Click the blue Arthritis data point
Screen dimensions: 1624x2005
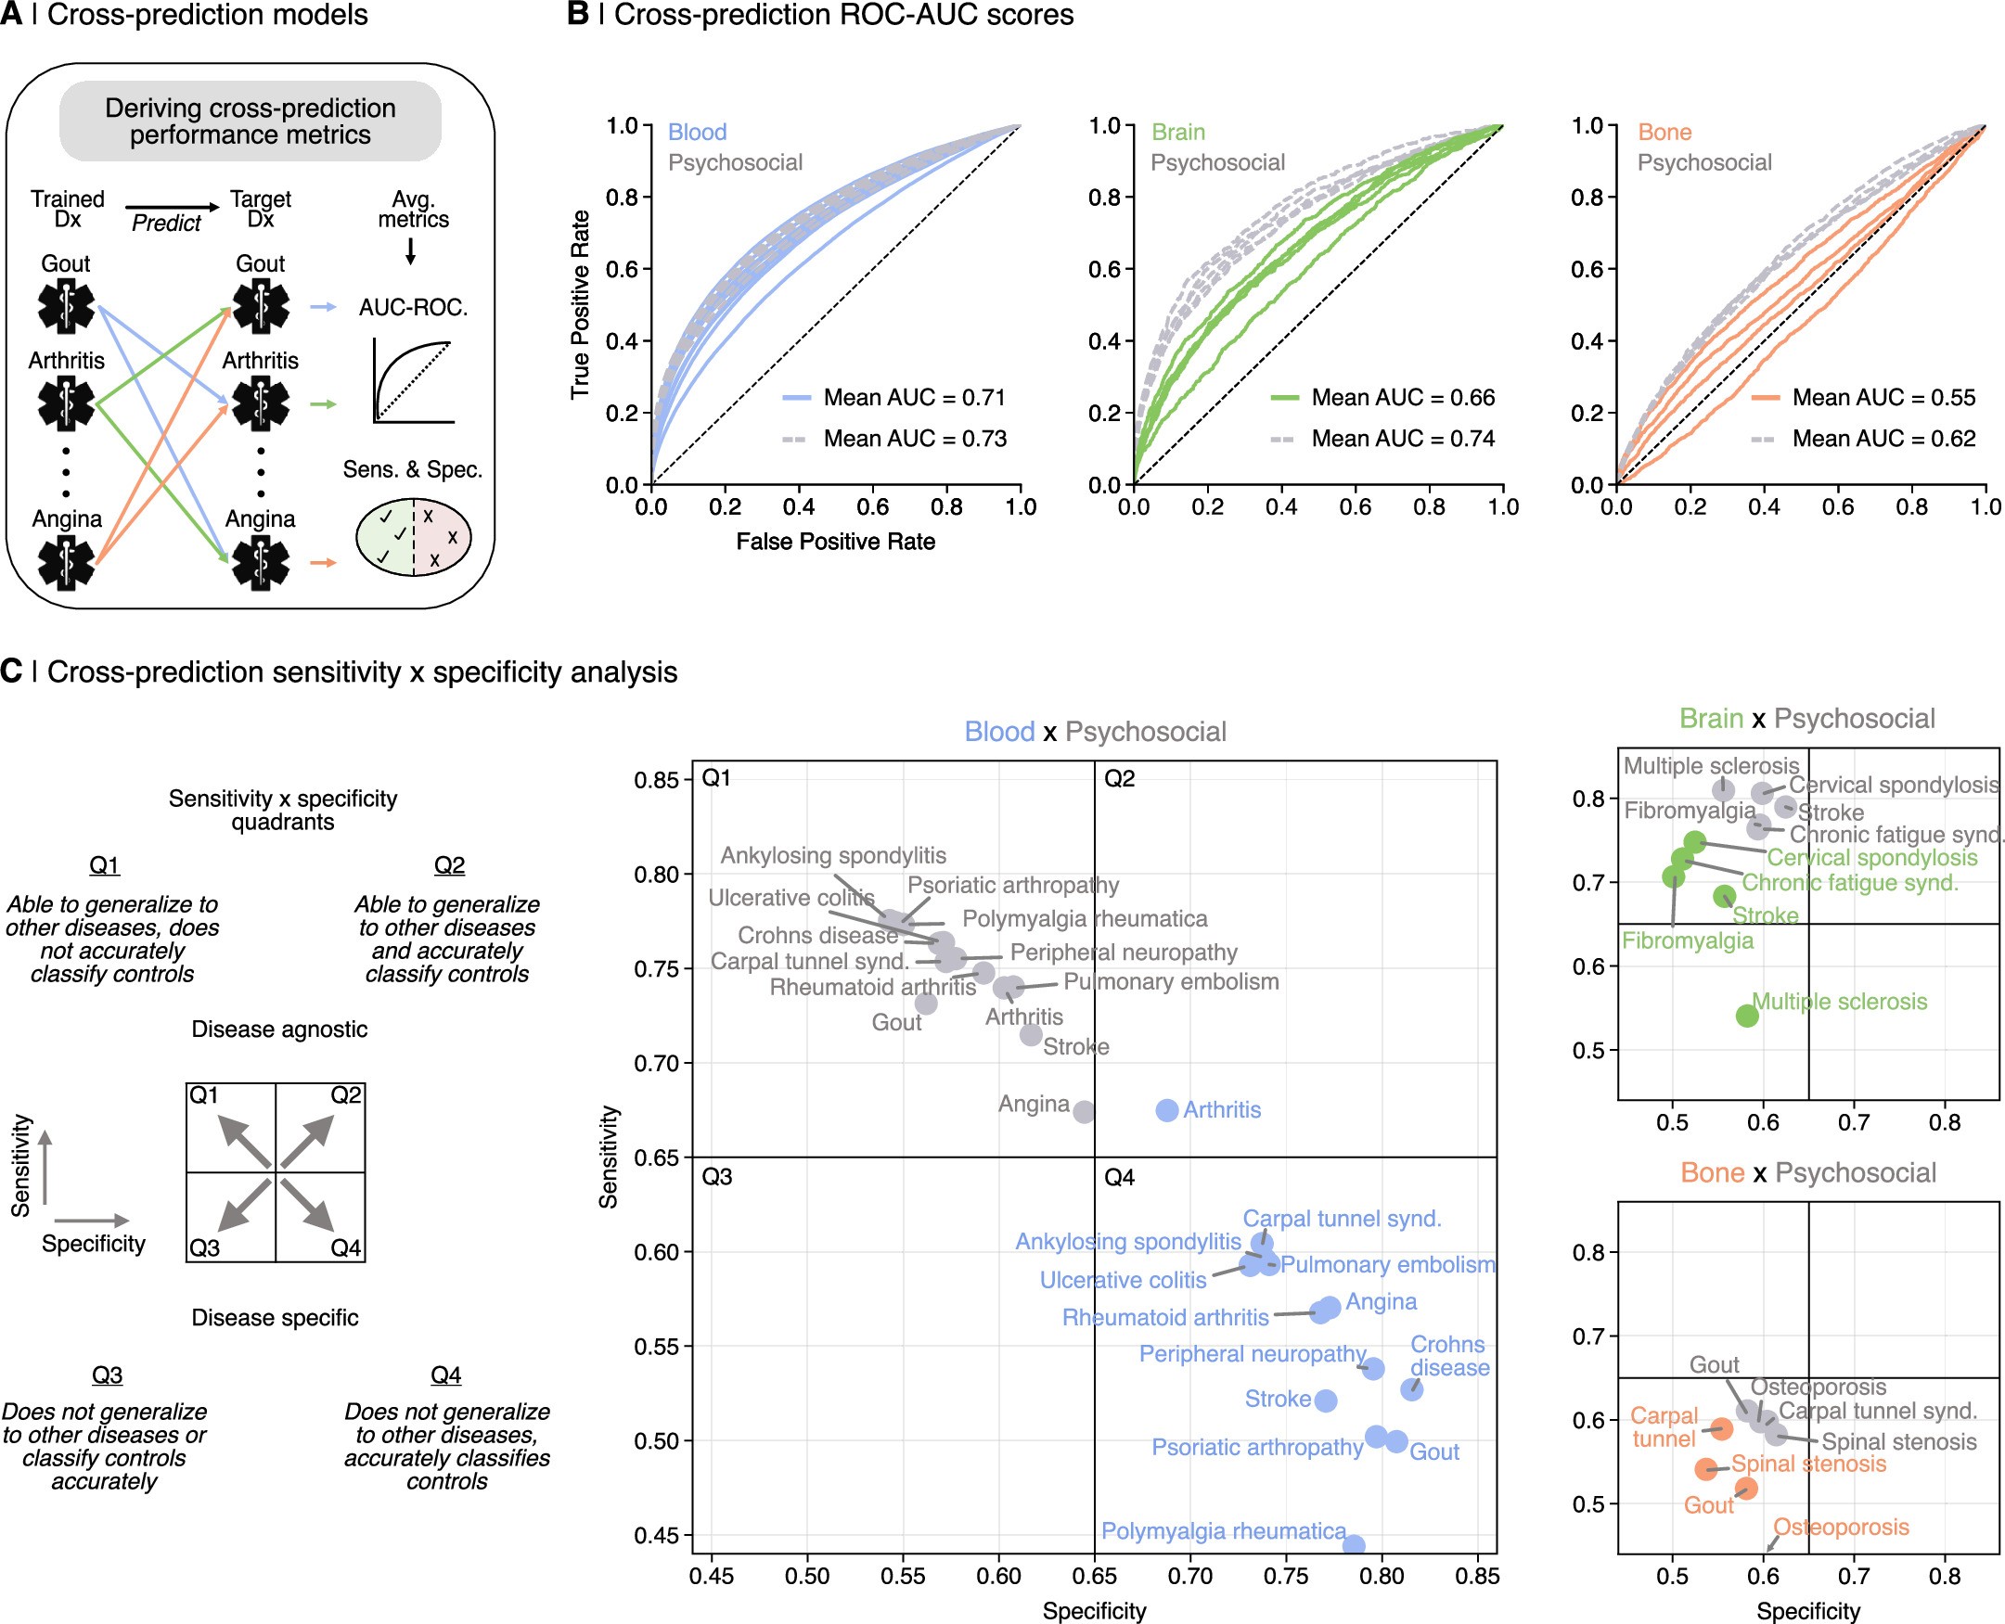(x=1166, y=1110)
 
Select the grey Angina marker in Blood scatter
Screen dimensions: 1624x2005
(x=1084, y=1112)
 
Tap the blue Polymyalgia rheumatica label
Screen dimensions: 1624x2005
(x=1223, y=1531)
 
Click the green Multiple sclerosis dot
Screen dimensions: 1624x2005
(x=1747, y=1016)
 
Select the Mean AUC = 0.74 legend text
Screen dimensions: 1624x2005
(x=1403, y=439)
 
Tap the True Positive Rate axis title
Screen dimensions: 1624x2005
(x=580, y=305)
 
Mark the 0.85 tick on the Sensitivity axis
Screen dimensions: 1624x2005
(x=656, y=780)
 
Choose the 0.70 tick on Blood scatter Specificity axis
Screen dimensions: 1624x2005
(x=1190, y=1576)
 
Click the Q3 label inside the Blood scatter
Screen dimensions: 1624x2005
(x=716, y=1177)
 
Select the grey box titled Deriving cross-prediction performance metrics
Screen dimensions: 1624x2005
(x=250, y=121)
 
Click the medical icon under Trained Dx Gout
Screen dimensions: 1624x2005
(x=66, y=307)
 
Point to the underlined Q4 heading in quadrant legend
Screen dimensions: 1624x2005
(x=445, y=1375)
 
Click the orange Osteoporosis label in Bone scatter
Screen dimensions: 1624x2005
(x=1841, y=1528)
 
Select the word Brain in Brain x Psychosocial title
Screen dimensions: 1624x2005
(x=1710, y=719)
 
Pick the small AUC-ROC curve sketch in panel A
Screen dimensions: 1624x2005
(x=413, y=382)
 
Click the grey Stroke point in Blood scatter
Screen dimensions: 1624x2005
(x=1031, y=1035)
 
